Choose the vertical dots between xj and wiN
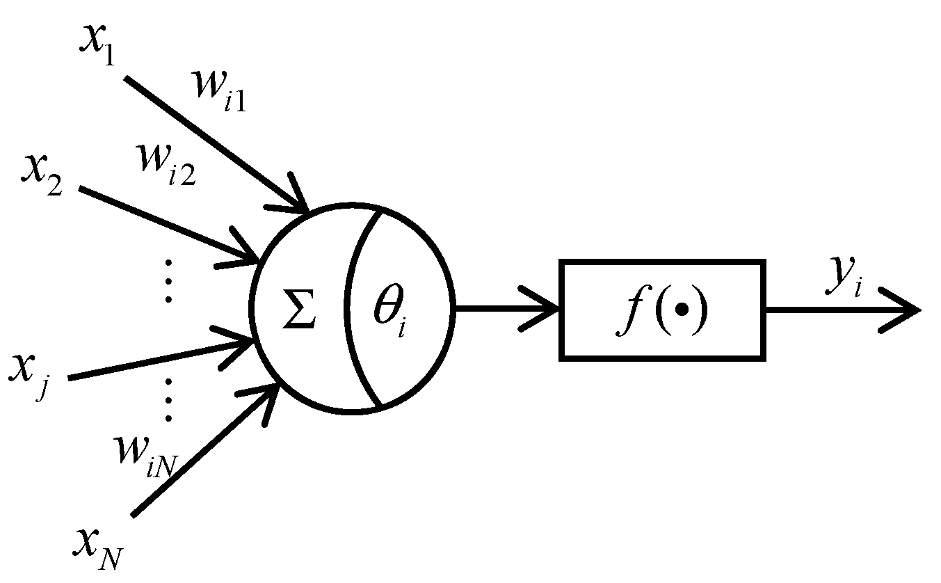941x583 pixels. tap(168, 400)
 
